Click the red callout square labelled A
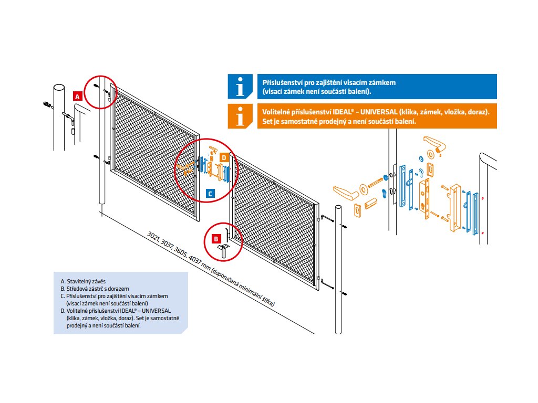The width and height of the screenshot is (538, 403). [77, 96]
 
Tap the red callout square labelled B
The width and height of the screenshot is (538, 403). [216, 238]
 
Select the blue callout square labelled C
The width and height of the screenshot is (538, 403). [210, 193]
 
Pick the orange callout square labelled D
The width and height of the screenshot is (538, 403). [223, 157]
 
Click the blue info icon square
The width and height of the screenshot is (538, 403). [240, 86]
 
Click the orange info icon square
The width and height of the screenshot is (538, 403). [240, 116]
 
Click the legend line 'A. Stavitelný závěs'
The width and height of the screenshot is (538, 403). [83, 281]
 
